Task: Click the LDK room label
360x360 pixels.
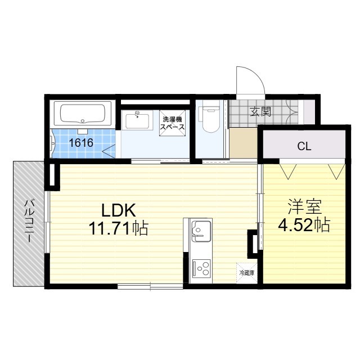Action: [x=119, y=210]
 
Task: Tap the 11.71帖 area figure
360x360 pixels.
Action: [x=119, y=228]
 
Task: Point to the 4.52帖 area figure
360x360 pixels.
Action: [x=304, y=224]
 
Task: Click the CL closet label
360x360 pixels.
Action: [x=304, y=146]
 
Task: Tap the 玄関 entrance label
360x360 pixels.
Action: [x=261, y=112]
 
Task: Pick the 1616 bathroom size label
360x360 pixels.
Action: [x=81, y=143]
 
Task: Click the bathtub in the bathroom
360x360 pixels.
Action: [x=83, y=114]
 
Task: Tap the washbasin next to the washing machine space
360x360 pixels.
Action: [x=137, y=120]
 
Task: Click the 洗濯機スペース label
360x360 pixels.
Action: [x=172, y=123]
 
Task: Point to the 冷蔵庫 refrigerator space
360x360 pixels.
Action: [x=246, y=273]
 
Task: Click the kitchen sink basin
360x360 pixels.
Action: [x=201, y=231]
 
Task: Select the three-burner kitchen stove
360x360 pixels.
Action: [x=202, y=268]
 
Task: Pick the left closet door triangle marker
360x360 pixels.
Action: [x=288, y=171]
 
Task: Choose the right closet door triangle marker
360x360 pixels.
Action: [x=336, y=171]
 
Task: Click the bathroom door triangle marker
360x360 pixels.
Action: [x=109, y=151]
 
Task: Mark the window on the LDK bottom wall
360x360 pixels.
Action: [x=150, y=286]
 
